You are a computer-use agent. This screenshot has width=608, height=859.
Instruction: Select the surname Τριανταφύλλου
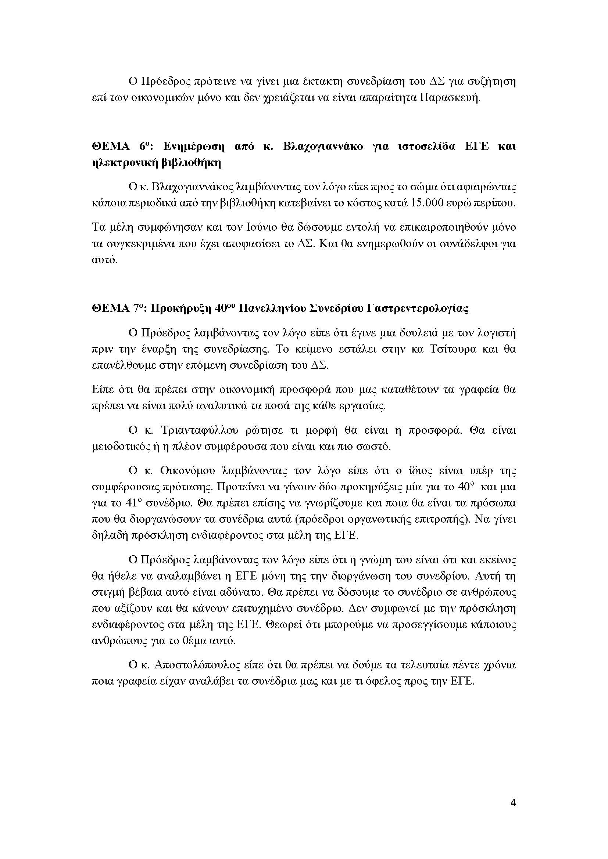tap(199, 430)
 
